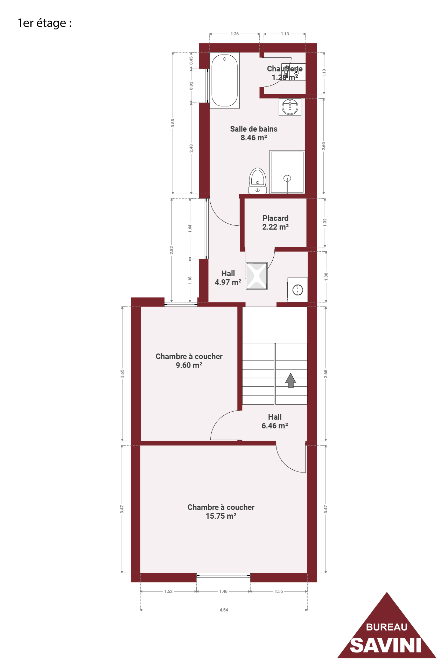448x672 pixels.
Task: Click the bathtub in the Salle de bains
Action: (225, 80)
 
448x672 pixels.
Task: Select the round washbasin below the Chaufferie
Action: (290, 107)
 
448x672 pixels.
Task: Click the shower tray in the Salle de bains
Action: (287, 172)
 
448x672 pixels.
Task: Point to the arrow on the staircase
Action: (290, 380)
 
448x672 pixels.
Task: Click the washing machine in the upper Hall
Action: (297, 290)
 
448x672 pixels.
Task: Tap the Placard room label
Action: (275, 218)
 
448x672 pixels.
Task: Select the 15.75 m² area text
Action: (221, 516)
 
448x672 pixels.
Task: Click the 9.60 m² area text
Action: (189, 365)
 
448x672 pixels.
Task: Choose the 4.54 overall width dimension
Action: (224, 610)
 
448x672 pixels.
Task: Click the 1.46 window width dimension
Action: (223, 591)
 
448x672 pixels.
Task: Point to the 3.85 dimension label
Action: (173, 123)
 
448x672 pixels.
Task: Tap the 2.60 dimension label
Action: (324, 146)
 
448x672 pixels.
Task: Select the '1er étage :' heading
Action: (45, 23)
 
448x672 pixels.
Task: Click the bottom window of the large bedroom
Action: (223, 575)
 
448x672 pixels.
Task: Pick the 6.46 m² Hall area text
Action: (275, 426)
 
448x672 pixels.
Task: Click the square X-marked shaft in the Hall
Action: (257, 276)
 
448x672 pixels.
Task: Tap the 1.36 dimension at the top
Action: (234, 34)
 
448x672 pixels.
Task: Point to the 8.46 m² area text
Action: (254, 138)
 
